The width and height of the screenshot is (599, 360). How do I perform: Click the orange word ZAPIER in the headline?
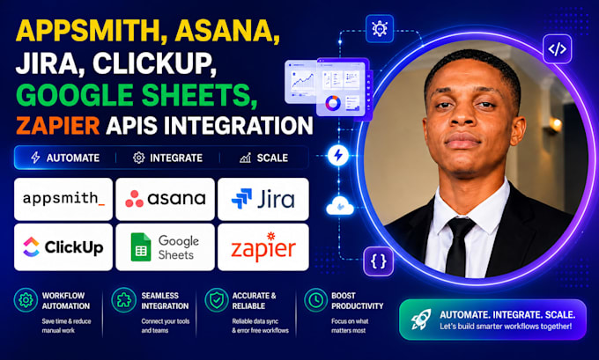[57, 125]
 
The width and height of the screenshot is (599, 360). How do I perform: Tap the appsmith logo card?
[63, 199]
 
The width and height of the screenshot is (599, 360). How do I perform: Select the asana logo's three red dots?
[134, 199]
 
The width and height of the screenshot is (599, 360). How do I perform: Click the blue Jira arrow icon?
[241, 199]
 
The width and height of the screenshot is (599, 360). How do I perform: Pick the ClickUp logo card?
[63, 247]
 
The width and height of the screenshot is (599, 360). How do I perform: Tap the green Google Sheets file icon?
[141, 247]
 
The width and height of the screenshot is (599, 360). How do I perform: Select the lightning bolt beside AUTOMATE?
[35, 158]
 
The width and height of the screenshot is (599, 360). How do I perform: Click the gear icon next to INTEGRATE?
[138, 158]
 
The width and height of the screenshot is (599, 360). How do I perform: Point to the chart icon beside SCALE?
[245, 158]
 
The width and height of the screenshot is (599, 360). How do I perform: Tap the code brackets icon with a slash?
[558, 49]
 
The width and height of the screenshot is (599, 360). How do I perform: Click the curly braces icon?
[378, 261]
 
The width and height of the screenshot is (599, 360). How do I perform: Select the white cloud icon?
[340, 206]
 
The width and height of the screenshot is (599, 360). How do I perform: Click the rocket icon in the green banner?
[420, 320]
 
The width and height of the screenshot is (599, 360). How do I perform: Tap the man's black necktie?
[458, 246]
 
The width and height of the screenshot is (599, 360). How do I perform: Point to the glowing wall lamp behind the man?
[555, 124]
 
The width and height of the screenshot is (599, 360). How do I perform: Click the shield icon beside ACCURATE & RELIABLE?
[217, 300]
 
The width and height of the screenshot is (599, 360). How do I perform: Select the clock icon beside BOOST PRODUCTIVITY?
[315, 300]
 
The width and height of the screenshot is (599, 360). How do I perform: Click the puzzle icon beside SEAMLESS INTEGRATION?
[124, 300]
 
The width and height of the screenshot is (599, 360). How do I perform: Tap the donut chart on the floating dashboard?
[333, 103]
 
